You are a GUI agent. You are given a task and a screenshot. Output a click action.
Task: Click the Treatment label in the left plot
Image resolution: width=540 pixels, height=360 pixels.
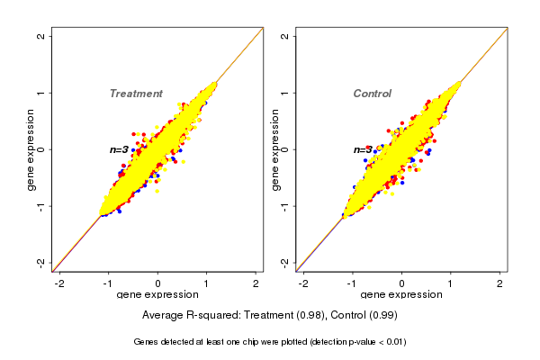pyautogui.click(x=136, y=94)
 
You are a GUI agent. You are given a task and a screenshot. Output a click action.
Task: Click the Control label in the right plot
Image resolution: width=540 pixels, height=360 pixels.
pyautogui.click(x=372, y=94)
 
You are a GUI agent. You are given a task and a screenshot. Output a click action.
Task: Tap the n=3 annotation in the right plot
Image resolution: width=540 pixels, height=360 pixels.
pyautogui.click(x=363, y=149)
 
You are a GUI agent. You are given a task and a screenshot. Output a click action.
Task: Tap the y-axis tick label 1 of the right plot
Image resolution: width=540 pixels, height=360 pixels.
pyautogui.click(x=285, y=93)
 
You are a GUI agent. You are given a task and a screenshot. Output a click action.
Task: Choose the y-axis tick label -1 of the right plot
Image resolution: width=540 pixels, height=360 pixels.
pyautogui.click(x=285, y=205)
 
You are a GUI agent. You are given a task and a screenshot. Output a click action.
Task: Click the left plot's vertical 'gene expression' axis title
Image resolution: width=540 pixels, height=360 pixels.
pyautogui.click(x=31, y=149)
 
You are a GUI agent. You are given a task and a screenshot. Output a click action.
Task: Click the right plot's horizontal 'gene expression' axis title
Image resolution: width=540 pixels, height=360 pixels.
pyautogui.click(x=401, y=295)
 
